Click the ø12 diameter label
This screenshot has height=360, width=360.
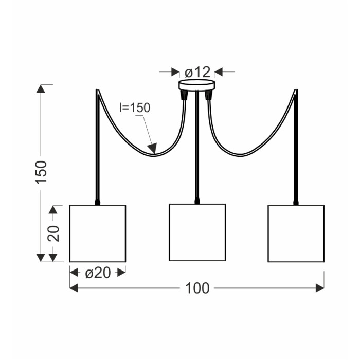(x=197, y=72)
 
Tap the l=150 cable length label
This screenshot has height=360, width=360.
(x=135, y=107)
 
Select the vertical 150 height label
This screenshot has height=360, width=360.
(x=41, y=172)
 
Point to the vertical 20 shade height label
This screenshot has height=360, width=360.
(x=53, y=233)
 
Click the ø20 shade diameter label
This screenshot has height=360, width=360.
(x=98, y=273)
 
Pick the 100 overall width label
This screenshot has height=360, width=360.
(x=197, y=288)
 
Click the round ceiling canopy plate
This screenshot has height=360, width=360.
(x=197, y=84)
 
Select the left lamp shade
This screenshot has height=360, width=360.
(x=98, y=233)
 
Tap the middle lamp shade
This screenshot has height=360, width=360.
(x=197, y=232)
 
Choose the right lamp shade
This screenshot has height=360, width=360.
(x=296, y=233)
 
